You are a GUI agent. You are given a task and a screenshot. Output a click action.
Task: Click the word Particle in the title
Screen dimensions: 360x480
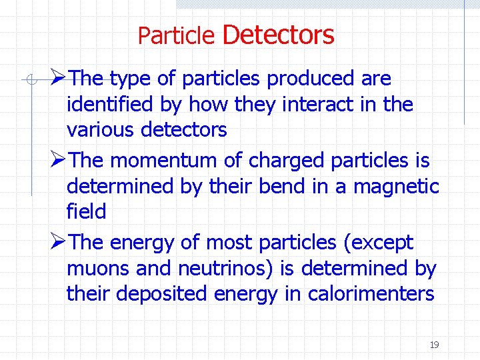176,35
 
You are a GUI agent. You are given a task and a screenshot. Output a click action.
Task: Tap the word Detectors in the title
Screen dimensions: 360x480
278,34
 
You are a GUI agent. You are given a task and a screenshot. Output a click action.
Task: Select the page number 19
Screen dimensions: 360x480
434,345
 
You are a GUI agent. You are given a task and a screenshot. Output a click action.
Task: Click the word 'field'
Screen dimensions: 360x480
86,212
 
